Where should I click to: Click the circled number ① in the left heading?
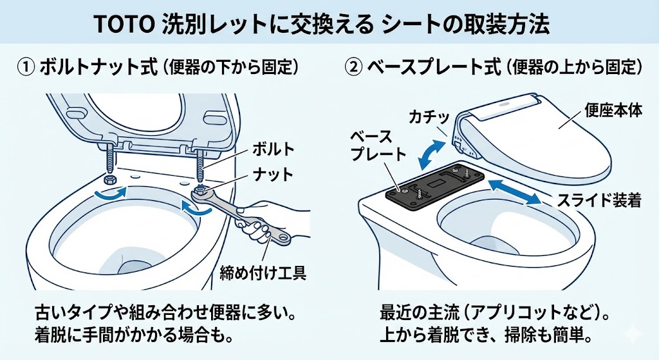click(x=24, y=67)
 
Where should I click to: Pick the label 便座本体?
click(x=615, y=110)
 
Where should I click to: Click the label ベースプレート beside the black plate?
click(x=378, y=146)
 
